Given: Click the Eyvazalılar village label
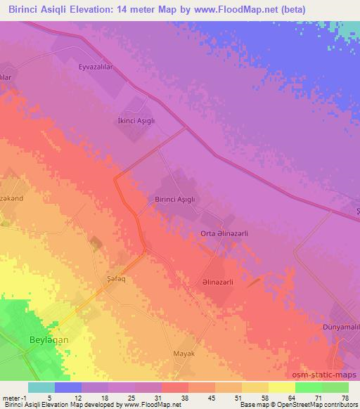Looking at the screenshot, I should (x=96, y=68).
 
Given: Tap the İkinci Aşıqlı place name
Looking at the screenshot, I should (x=136, y=120).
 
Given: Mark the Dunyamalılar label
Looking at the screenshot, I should (x=340, y=328).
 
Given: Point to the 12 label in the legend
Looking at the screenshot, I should (x=69, y=398).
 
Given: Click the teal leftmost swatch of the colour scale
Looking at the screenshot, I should (x=41, y=387).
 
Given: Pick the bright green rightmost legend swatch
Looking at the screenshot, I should (x=335, y=387).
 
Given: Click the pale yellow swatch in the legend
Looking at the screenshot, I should (x=282, y=387).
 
